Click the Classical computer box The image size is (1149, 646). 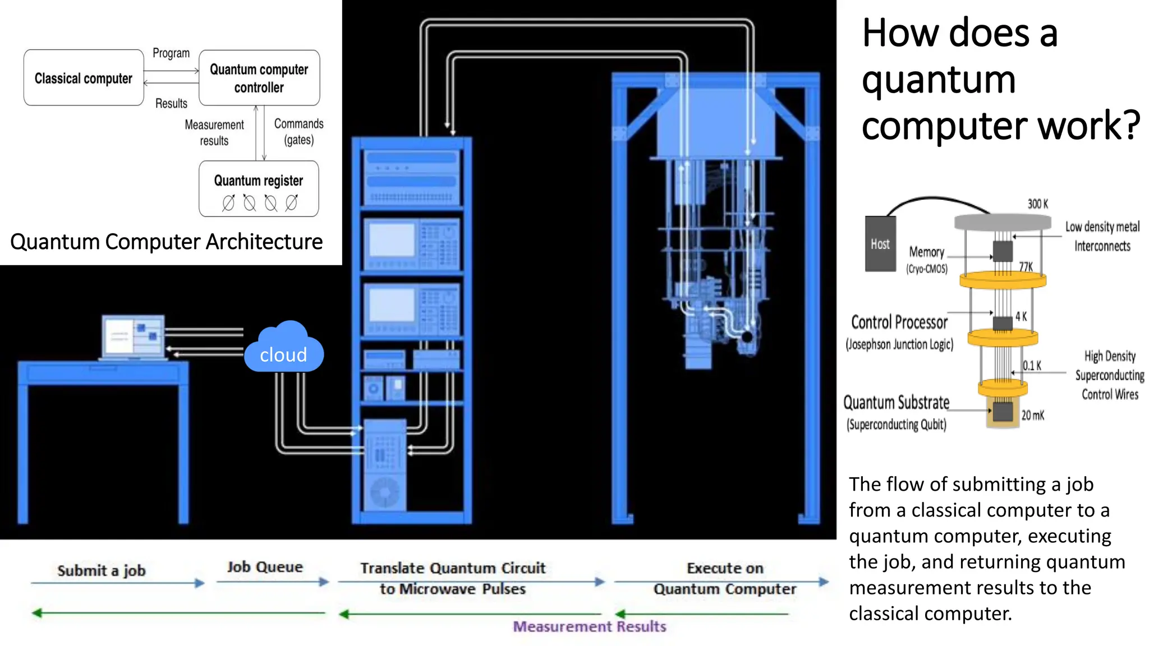click(x=84, y=78)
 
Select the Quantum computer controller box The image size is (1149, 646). click(x=259, y=78)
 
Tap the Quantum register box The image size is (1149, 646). click(x=259, y=189)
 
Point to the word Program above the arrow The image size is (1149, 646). click(x=171, y=53)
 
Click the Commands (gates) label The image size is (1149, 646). click(x=298, y=131)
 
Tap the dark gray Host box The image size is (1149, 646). click(x=880, y=244)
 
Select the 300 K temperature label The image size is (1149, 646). click(x=1037, y=204)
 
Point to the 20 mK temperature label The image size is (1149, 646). click(x=1032, y=416)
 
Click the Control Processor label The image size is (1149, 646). click(x=899, y=323)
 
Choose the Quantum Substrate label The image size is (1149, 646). click(x=897, y=403)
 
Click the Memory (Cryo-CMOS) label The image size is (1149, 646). click(x=927, y=259)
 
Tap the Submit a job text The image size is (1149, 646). click(x=102, y=571)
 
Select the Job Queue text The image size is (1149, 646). click(x=265, y=567)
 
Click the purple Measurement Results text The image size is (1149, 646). click(x=590, y=626)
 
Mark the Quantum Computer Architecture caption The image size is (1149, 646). click(x=167, y=242)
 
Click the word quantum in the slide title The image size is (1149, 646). click(x=939, y=79)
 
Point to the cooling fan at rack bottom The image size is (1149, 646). click(x=385, y=492)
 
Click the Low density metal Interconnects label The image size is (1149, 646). click(x=1102, y=236)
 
